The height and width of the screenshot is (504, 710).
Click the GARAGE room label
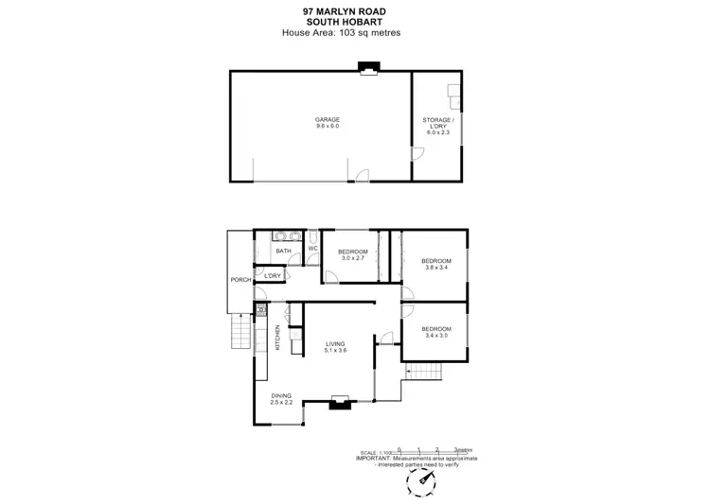tap(328, 119)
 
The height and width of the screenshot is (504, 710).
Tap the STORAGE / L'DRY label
tap(438, 122)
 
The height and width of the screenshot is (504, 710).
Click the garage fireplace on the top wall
tap(366, 68)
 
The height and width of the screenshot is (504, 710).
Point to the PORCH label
tap(240, 281)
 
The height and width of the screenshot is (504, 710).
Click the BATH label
tap(283, 252)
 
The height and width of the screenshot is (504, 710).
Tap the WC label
tap(311, 249)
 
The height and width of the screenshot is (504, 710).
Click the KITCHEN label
tap(277, 337)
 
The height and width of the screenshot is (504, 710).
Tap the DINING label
tap(281, 395)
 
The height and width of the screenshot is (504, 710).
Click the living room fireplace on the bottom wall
tap(337, 404)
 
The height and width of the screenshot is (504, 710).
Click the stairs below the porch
tap(240, 334)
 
